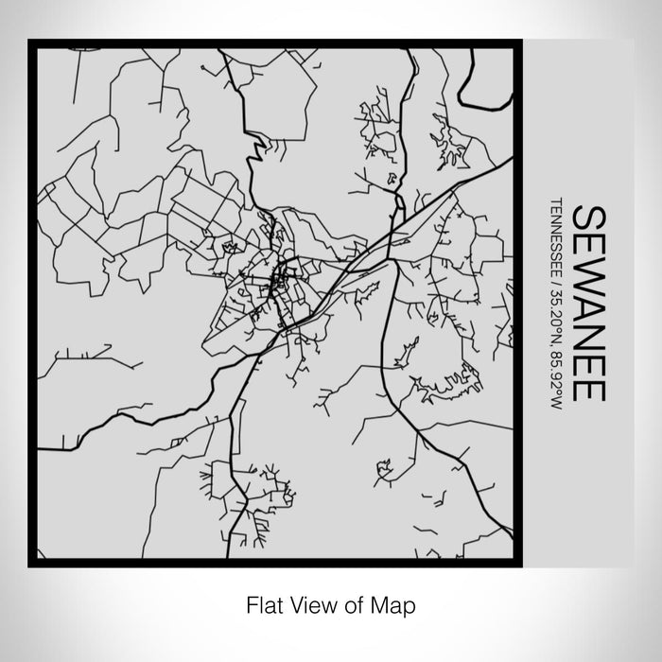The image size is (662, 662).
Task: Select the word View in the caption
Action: pos(311,602)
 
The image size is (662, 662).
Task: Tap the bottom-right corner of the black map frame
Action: pos(517,564)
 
